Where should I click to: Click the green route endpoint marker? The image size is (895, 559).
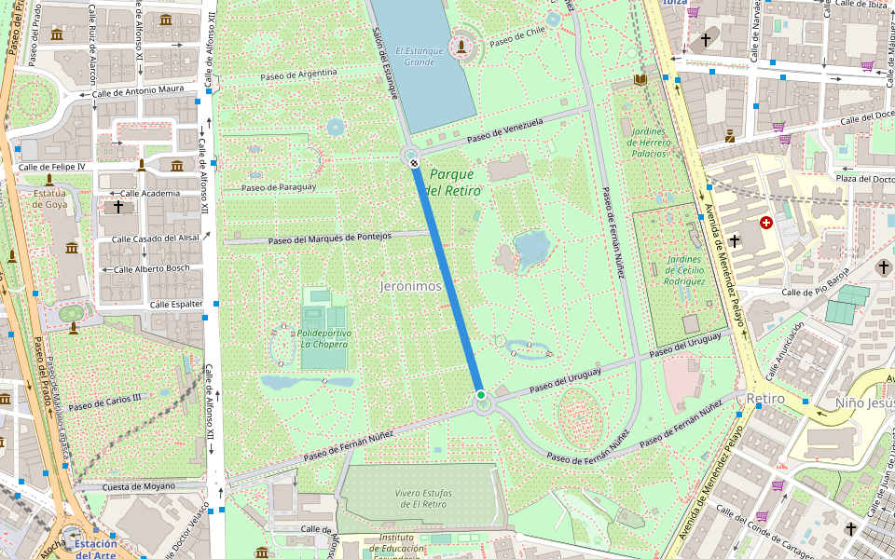pyautogui.click(x=481, y=396)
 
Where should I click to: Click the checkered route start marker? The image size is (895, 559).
pyautogui.click(x=414, y=163)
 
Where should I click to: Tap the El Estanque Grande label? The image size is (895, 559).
pyautogui.click(x=414, y=56)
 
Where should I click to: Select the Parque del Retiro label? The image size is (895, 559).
pyautogui.click(x=454, y=182)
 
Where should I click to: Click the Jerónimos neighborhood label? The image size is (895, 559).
pyautogui.click(x=411, y=286)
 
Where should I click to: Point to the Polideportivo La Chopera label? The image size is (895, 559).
pyautogui.click(x=324, y=338)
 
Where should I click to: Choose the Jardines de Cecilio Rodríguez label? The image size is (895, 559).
pyautogui.click(x=685, y=269)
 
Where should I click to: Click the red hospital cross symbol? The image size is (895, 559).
pyautogui.click(x=766, y=223)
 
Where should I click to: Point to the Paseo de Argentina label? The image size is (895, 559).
pyautogui.click(x=298, y=73)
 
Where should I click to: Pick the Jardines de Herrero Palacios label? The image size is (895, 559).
pyautogui.click(x=649, y=142)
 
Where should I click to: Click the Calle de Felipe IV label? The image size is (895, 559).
pyautogui.click(x=54, y=167)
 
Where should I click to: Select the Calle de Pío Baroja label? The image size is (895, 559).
pyautogui.click(x=816, y=283)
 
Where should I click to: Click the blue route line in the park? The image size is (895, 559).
pyautogui.click(x=447, y=279)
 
